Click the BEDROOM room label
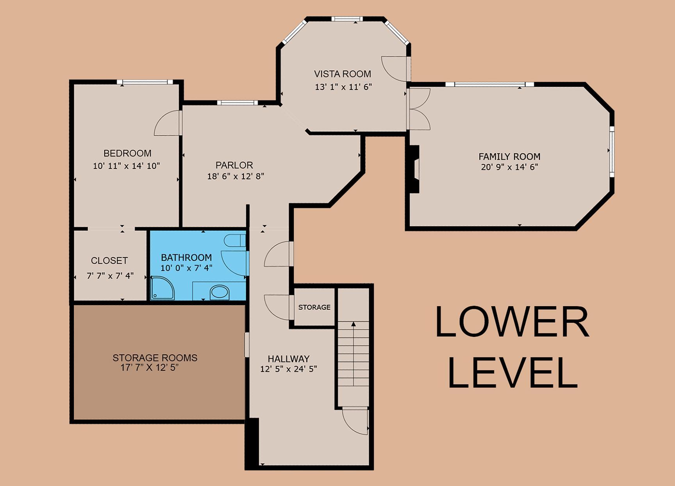[127, 153]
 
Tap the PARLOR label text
[234, 165]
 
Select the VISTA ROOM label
[343, 74]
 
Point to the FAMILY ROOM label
[509, 157]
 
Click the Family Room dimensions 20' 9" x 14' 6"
[509, 167]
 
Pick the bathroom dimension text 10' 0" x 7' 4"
[186, 268]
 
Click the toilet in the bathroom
[235, 241]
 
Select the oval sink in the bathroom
[220, 293]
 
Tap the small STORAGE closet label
[314, 307]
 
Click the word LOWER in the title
[512, 322]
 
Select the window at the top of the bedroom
[145, 82]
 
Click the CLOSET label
[109, 261]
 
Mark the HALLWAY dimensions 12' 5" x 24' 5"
[289, 369]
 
